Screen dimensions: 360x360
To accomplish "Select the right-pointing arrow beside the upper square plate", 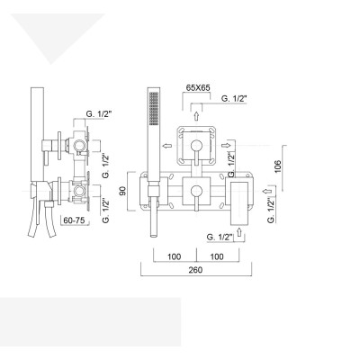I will [x=229, y=142].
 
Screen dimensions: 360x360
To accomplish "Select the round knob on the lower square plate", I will [x=197, y=190].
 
